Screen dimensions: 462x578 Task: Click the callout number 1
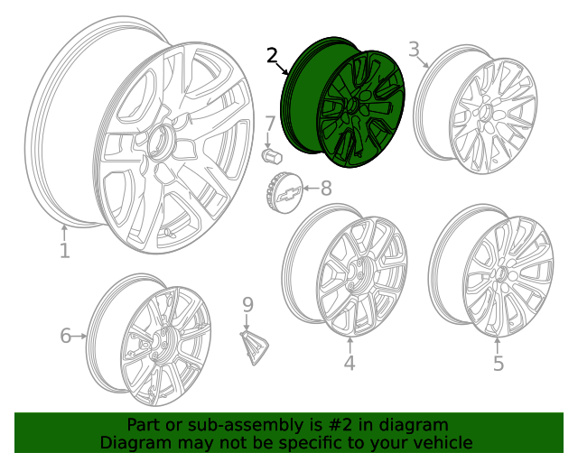pyautogui.click(x=64, y=250)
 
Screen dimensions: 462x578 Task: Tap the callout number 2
pyautogui.click(x=273, y=56)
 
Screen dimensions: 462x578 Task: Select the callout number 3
pyautogui.click(x=414, y=49)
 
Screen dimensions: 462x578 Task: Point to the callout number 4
pyautogui.click(x=350, y=363)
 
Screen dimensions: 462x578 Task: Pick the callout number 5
pyautogui.click(x=499, y=363)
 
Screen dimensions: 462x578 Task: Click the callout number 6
pyautogui.click(x=65, y=336)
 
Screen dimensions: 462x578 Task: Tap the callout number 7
pyautogui.click(x=270, y=124)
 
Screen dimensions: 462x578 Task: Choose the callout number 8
pyautogui.click(x=325, y=188)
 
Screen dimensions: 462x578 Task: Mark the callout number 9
pyautogui.click(x=248, y=305)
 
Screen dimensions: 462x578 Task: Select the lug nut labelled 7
pyautogui.click(x=269, y=155)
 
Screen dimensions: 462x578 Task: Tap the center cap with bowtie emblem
pyautogui.click(x=284, y=192)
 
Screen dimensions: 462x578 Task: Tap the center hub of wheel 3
pyautogui.click(x=486, y=113)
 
